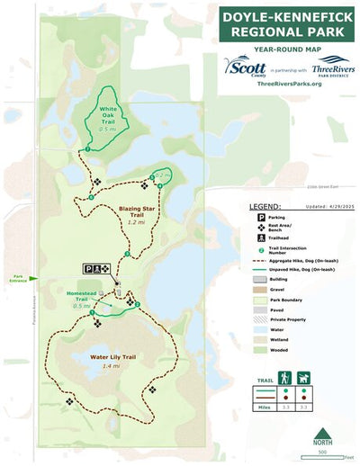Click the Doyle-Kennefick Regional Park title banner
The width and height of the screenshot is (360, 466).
[282, 24]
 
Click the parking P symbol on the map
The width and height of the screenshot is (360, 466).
[88, 268]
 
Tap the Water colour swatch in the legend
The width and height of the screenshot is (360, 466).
[255, 329]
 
